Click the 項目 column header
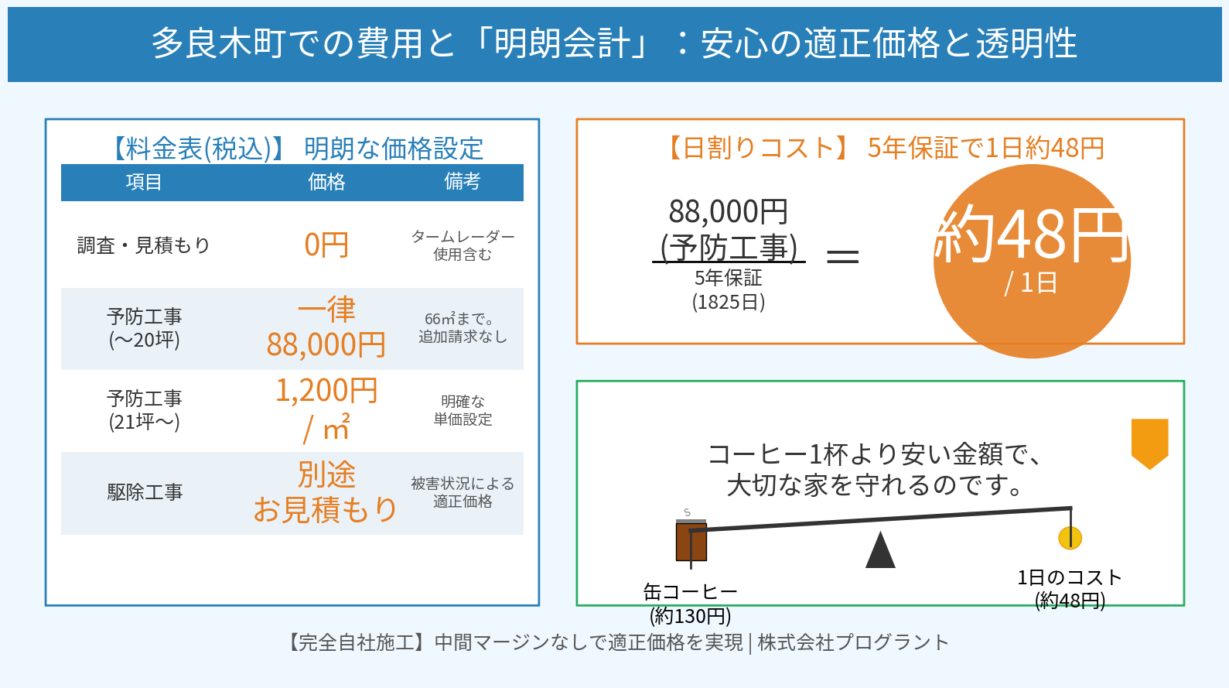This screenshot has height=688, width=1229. point(144,182)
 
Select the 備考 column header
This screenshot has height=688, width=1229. point(462,182)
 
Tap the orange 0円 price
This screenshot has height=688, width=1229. point(326,245)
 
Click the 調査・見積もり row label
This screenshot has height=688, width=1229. point(144,245)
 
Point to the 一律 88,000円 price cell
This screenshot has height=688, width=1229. point(326,328)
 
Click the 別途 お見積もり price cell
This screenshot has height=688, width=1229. point(326,492)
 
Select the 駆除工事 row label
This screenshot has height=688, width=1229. point(145,492)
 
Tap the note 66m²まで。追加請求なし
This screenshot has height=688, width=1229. point(463,328)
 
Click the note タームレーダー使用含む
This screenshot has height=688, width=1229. point(463,245)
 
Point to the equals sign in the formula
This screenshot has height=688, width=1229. point(842,256)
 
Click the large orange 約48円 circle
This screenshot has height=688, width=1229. point(1032,261)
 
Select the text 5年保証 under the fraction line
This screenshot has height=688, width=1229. point(728,278)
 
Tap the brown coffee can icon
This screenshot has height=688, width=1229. point(691,541)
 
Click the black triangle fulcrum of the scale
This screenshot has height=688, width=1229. point(880,551)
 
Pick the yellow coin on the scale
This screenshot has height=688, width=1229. point(1070,538)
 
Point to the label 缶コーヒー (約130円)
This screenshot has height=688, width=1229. point(690,604)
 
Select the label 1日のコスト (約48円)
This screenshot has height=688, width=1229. point(1070,589)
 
